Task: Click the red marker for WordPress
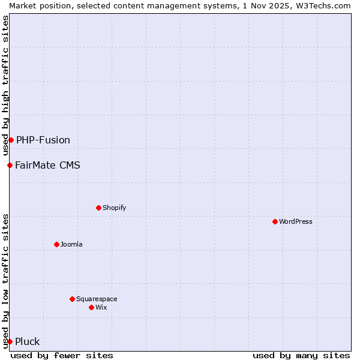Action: (x=275, y=221)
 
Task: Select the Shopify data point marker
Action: (x=98, y=208)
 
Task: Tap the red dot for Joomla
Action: (x=56, y=244)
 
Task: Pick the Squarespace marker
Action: (x=72, y=299)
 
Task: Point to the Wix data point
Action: (x=91, y=307)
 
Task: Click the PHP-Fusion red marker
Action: (x=11, y=140)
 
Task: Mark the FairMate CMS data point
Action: (x=10, y=165)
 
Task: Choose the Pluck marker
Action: (x=10, y=341)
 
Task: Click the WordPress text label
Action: (x=296, y=221)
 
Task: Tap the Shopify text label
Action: (x=115, y=208)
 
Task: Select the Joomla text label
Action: (x=71, y=244)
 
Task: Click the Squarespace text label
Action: (x=97, y=299)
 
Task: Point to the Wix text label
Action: (x=101, y=307)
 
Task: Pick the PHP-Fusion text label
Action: (x=43, y=140)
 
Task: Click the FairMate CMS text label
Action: (x=47, y=165)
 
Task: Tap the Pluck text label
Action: (x=28, y=341)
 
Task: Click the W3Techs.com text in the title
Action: (x=326, y=5)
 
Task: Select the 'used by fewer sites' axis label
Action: (x=62, y=355)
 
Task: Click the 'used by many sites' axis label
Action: (x=301, y=355)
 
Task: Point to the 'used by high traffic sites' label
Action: (x=5, y=85)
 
